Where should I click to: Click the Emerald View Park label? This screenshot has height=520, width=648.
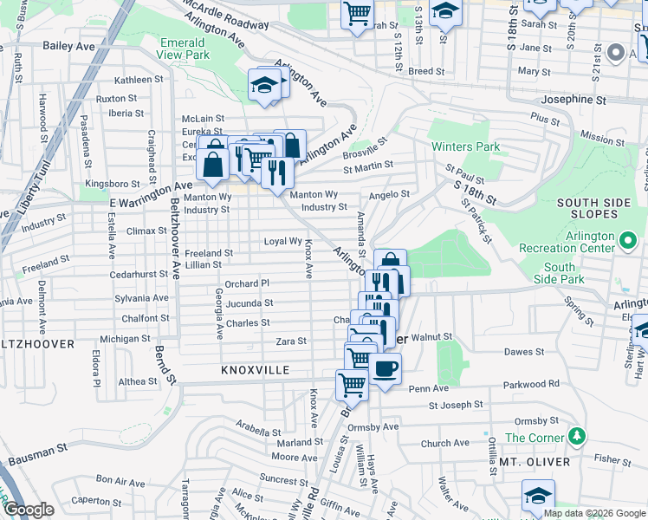coord(185,48)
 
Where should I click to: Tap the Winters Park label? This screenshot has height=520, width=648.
coord(466,146)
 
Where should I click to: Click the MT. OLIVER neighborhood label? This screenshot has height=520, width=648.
coord(534,462)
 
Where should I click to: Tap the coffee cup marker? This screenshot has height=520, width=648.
coord(385,368)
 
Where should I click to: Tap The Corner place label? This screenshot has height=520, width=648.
coord(535,438)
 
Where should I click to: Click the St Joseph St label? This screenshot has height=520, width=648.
coord(455,405)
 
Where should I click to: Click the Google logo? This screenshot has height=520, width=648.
coord(29,510)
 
